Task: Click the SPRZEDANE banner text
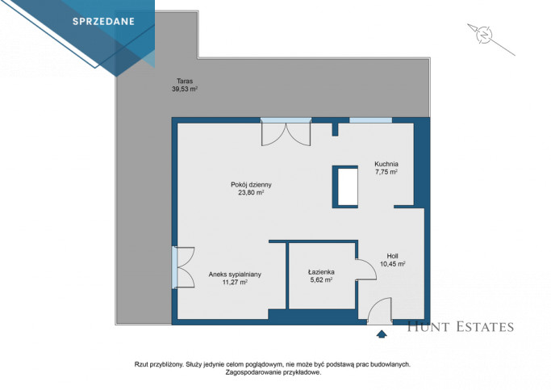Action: [x=103, y=22]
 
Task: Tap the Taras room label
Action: [x=185, y=81]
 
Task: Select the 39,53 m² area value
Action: [x=185, y=89]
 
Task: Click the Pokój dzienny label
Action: [x=251, y=185]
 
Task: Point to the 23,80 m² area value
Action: [x=251, y=193]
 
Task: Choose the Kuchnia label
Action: [x=386, y=164]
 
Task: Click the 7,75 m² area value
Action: [x=386, y=172]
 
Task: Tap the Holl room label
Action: [x=392, y=256]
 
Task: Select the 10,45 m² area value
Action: [x=393, y=264]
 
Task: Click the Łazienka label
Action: [x=321, y=272]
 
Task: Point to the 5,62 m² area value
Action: [x=321, y=280]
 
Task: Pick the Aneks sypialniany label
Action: [x=235, y=275]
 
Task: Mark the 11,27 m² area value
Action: [x=235, y=282]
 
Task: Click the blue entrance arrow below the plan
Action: [x=382, y=334]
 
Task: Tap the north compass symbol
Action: [x=484, y=35]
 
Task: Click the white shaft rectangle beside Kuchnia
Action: [x=348, y=187]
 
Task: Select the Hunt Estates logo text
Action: [x=461, y=327]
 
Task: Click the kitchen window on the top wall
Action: [x=370, y=120]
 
